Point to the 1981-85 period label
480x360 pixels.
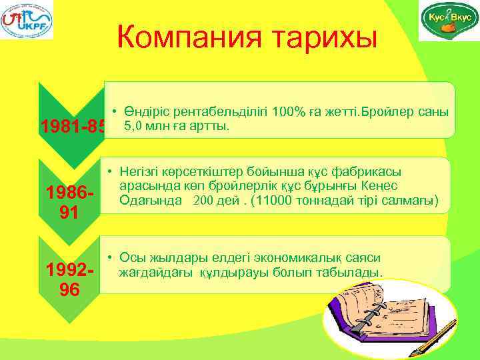[x=73, y=126]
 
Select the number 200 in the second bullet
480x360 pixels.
[x=204, y=200]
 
